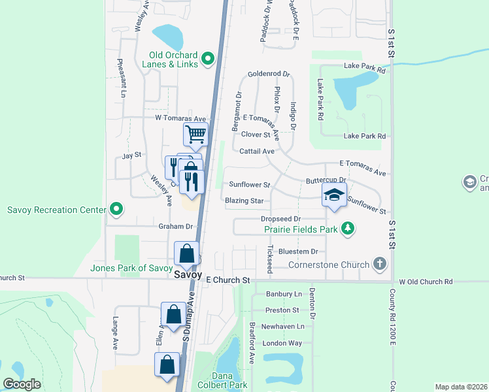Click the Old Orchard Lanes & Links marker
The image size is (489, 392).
pos(209,59)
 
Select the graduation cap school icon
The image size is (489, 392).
pos(334,195)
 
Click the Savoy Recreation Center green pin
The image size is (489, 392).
pos(116,210)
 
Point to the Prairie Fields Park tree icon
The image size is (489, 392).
pos(349,229)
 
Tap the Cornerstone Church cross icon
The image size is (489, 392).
pos(379,264)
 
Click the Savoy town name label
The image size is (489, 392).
pos(187,275)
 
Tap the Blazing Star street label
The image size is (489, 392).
pos(244,201)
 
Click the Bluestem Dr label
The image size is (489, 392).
pos(297,251)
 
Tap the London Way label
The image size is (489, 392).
pos(282,343)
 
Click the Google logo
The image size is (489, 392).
pos(22,384)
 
